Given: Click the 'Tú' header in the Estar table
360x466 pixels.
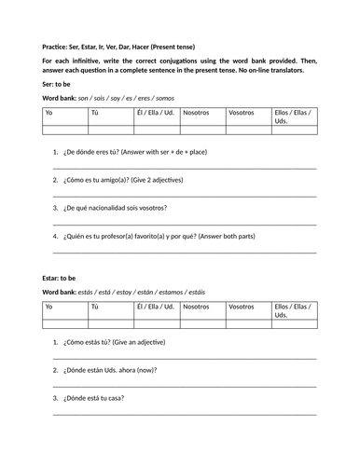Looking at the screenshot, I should click(x=94, y=306).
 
